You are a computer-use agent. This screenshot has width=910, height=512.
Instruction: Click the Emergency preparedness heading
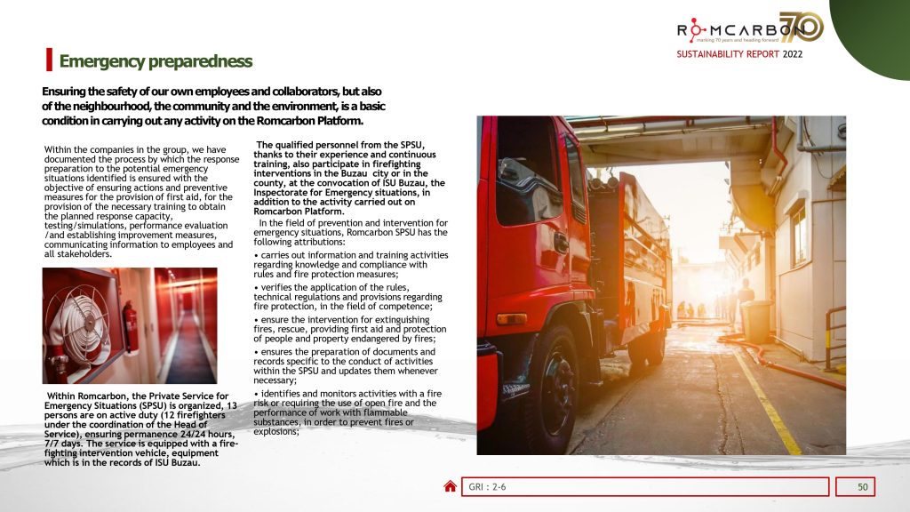click(156, 61)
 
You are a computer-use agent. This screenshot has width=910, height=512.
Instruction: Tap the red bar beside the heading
click(48, 60)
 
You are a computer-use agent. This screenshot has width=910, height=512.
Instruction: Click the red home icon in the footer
click(451, 486)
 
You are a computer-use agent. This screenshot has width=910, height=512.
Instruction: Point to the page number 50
click(862, 486)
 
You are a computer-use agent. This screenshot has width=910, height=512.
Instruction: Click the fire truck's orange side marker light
click(511, 319)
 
